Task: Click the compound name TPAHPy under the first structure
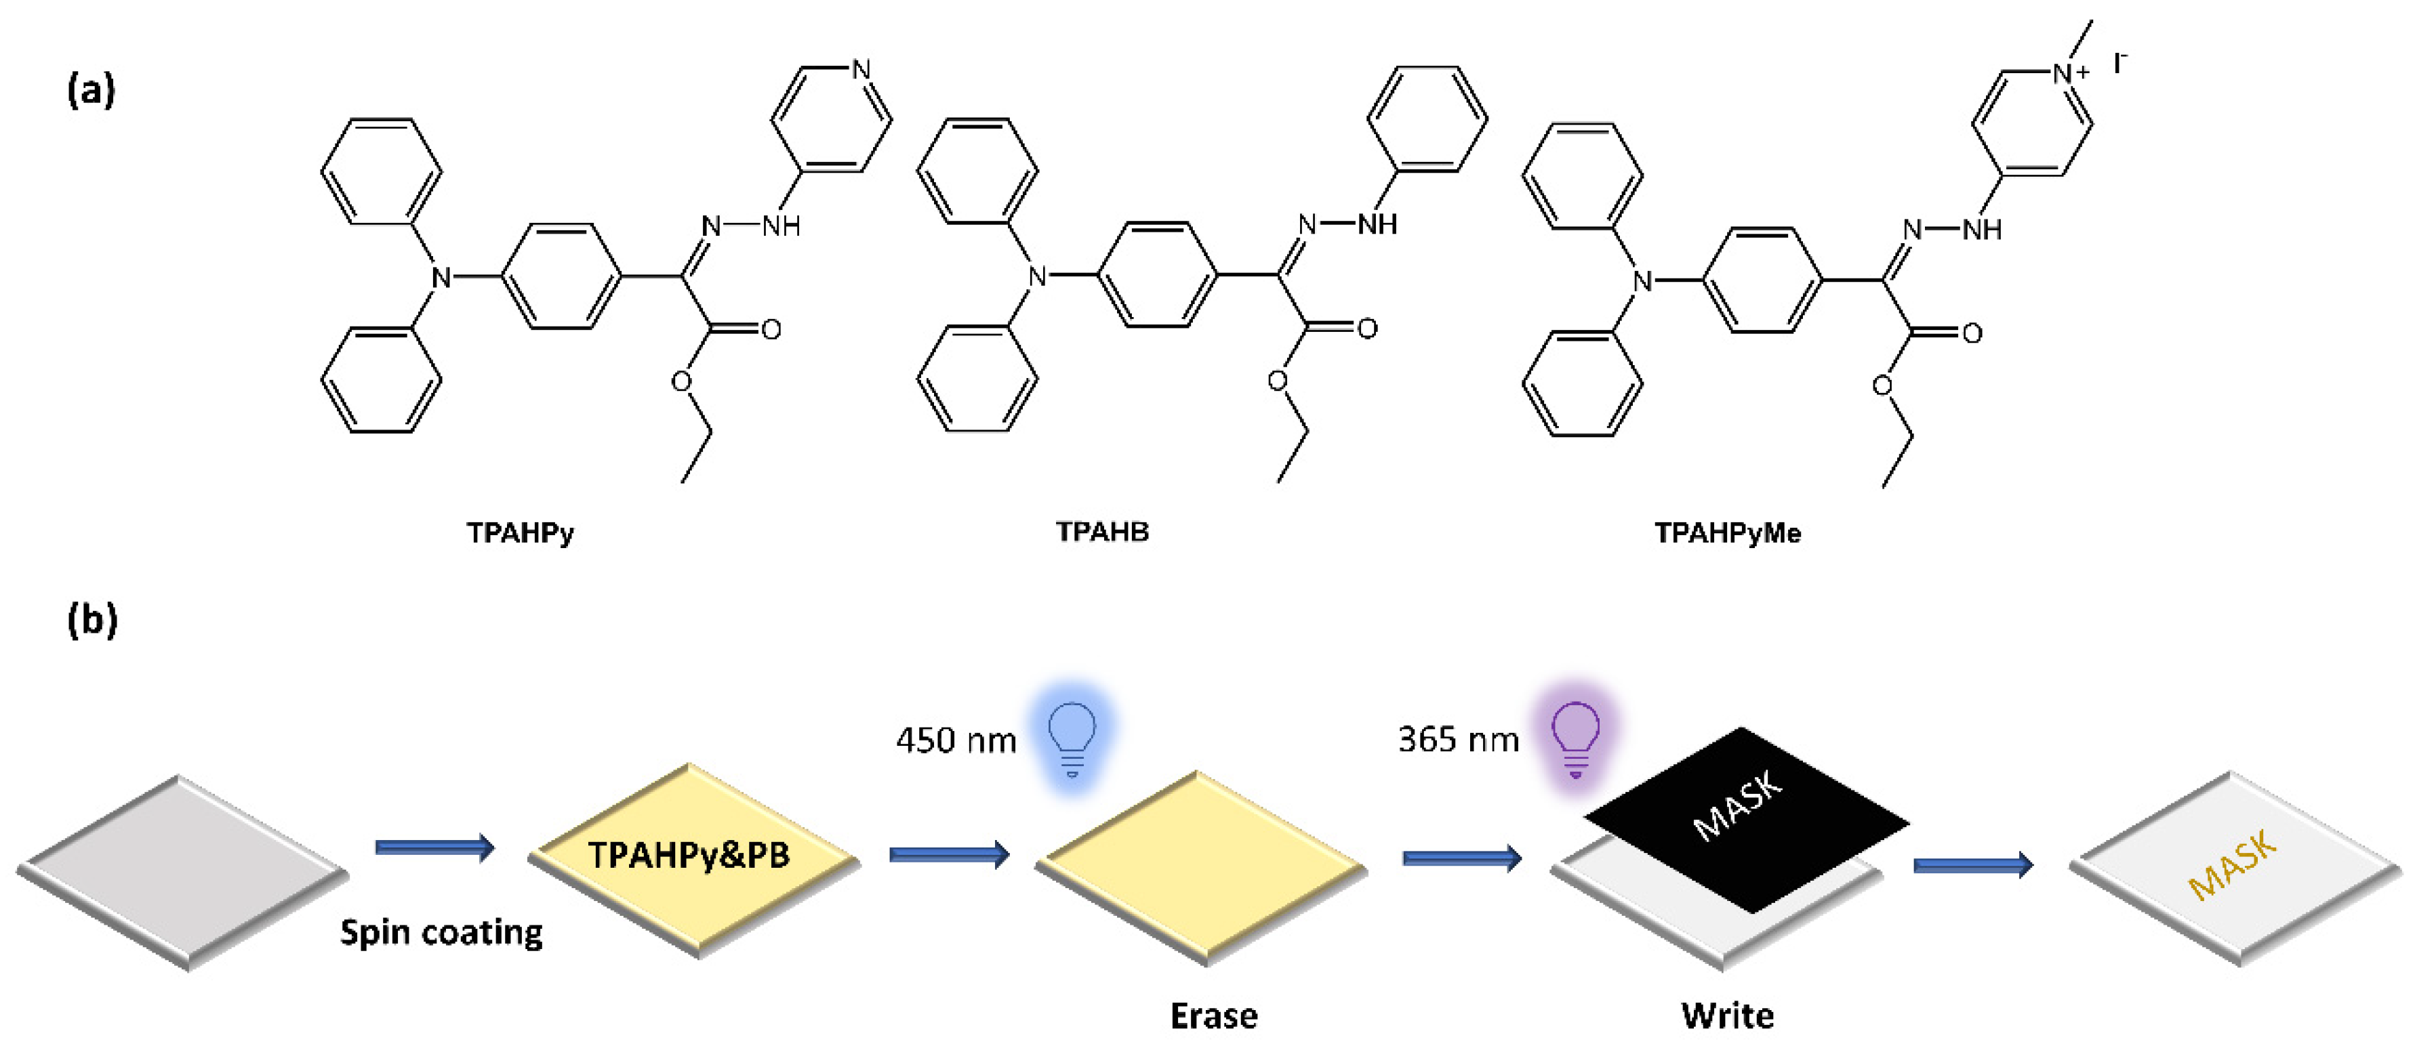[521, 532]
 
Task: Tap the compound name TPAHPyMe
[1727, 533]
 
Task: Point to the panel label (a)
[91, 91]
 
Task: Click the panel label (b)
[92, 620]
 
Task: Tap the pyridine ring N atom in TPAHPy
[861, 69]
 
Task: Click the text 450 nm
[955, 740]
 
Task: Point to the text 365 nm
[1458, 740]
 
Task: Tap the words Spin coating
[441, 933]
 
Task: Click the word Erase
[1213, 1016]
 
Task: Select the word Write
[1727, 1016]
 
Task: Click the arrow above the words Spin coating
[434, 848]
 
